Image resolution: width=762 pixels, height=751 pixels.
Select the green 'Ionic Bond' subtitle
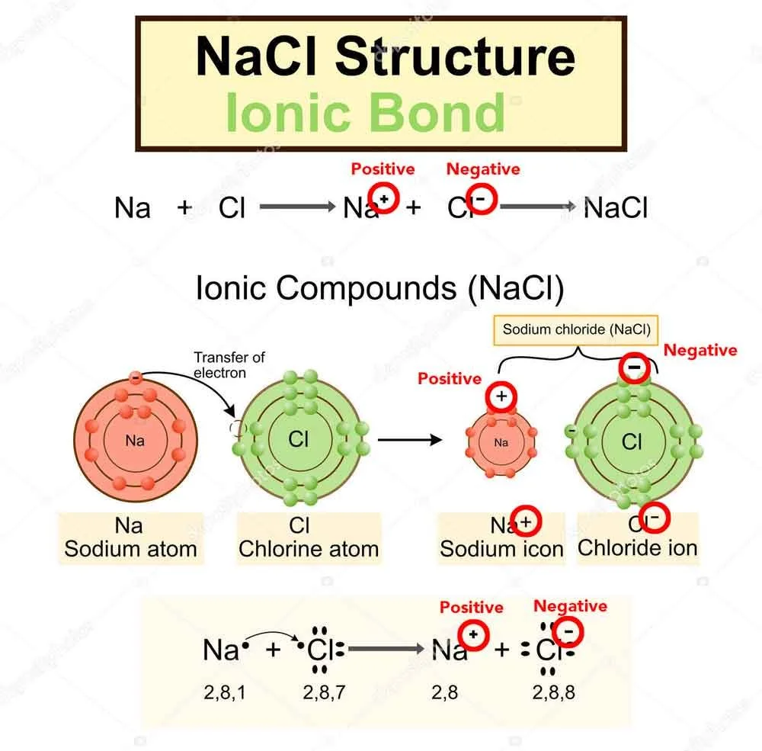[365, 112]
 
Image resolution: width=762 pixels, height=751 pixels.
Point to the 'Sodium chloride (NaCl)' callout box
[576, 330]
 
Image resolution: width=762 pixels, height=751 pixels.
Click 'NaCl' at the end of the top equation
[615, 207]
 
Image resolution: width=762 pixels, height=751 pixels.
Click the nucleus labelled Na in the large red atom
[135, 441]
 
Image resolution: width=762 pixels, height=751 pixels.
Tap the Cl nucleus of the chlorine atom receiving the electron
[299, 440]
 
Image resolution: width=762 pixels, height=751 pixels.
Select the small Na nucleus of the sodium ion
[501, 442]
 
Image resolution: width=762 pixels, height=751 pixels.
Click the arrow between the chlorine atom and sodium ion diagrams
[410, 440]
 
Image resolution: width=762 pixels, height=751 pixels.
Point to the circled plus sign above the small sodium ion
[501, 396]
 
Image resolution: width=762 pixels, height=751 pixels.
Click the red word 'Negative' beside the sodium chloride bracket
[700, 350]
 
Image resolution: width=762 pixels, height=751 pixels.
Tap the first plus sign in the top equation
[185, 207]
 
